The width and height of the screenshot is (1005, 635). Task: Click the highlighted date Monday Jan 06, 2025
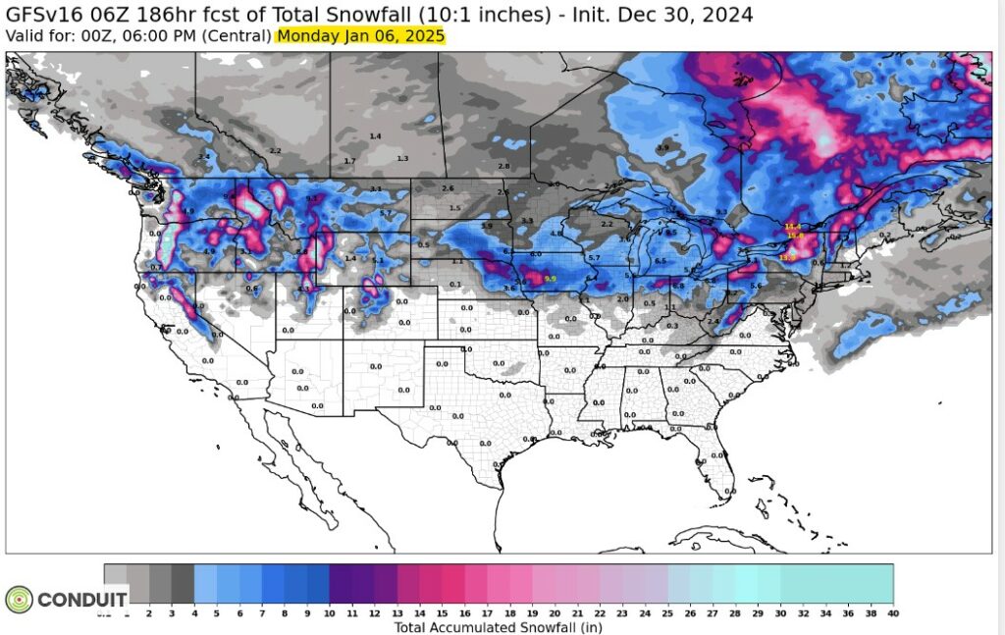(x=361, y=35)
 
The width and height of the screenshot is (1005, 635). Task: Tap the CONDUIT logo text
(x=83, y=599)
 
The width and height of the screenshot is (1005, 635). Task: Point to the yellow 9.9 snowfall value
(x=550, y=279)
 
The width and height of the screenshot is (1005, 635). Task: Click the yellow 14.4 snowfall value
(x=793, y=227)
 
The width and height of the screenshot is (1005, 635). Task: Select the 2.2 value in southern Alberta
(x=275, y=150)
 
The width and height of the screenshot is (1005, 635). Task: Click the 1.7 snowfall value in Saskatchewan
(x=350, y=160)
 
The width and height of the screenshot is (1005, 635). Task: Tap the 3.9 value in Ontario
(x=662, y=148)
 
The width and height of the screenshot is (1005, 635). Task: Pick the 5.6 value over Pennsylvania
(x=756, y=285)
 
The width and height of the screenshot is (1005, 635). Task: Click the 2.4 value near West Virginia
(x=714, y=321)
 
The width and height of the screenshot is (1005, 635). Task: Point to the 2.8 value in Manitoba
(x=503, y=167)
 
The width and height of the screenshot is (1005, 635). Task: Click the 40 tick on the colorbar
(x=892, y=613)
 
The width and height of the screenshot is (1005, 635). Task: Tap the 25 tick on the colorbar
(x=668, y=613)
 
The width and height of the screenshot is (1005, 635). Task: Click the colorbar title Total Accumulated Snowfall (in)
(x=498, y=627)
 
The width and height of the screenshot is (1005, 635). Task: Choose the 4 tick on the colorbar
(x=195, y=613)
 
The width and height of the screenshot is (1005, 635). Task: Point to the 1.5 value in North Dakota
(x=454, y=208)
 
